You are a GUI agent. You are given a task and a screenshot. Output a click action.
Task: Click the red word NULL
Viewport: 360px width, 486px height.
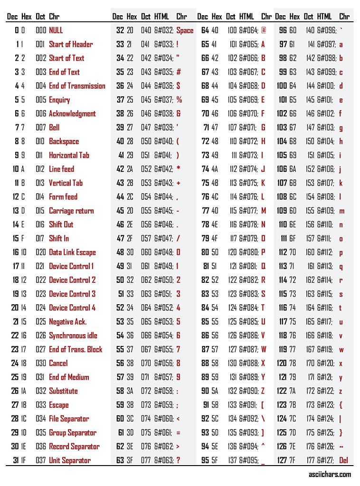tap(56, 30)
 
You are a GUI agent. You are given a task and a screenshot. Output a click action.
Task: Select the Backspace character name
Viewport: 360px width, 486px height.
tap(64, 141)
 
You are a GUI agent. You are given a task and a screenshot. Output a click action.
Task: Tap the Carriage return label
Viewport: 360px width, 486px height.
tap(71, 211)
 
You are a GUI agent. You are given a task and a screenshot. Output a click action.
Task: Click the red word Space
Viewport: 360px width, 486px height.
tap(185, 30)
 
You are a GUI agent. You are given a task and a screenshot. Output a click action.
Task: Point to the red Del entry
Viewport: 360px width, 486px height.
tap(344, 460)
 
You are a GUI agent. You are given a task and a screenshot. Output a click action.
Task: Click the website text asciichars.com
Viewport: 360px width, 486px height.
tap(329, 474)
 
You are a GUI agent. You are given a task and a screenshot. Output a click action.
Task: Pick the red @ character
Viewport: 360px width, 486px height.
tap(264, 30)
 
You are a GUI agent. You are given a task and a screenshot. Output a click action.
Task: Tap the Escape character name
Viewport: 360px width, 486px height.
tap(58, 405)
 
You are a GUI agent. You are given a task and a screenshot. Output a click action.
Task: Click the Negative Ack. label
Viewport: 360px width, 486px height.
tap(67, 322)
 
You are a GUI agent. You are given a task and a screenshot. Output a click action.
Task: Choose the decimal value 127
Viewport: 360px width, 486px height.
tap(282, 460)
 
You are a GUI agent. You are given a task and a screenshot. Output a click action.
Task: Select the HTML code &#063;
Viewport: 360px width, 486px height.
tap(164, 460)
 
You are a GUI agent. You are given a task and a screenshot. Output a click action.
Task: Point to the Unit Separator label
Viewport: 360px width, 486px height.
tap(69, 460)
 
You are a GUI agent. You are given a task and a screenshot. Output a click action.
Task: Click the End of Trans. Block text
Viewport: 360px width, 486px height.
tap(76, 349)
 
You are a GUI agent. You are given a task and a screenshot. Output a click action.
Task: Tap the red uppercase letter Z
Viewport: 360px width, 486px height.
tap(263, 391)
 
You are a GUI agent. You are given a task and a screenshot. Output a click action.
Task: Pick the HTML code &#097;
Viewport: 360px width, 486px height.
tap(327, 44)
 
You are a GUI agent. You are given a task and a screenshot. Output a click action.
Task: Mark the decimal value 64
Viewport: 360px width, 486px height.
tap(205, 30)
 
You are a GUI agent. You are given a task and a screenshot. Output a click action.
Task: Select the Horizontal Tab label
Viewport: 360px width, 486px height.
tap(69, 155)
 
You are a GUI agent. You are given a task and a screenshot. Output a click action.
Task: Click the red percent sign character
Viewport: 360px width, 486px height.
tap(179, 100)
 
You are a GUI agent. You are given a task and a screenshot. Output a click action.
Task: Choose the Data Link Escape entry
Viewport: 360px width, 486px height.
tap(72, 252)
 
